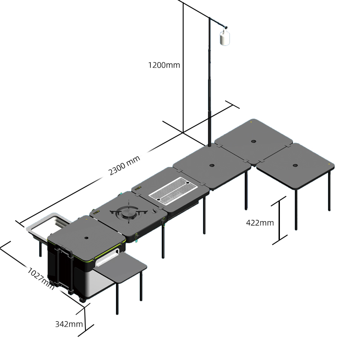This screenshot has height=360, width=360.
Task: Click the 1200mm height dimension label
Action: pos(164,65)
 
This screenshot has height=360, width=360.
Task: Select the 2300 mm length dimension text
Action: pos(124,165)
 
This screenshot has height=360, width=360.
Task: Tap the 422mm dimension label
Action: pos(260,223)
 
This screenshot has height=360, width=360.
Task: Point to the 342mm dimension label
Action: pos(69,324)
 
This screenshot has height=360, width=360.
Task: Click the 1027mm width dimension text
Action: pos(41,279)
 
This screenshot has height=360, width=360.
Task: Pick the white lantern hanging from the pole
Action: pos(225,38)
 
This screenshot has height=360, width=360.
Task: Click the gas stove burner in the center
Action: pos(129,211)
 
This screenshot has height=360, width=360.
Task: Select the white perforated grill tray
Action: pos(173,190)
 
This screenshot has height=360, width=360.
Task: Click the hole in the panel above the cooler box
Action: pos(86,238)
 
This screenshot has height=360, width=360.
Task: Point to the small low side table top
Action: pos(120,266)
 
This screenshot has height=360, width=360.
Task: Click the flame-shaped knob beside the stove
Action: pos(155,210)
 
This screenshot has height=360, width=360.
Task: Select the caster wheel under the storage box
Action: pos(81,299)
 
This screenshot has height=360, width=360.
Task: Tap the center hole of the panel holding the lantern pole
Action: pos(211,165)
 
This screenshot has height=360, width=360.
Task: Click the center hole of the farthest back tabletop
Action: pos(253,141)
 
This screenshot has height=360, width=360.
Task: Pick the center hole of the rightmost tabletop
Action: pos(295,165)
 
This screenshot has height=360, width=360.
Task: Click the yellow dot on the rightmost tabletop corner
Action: pos(329,164)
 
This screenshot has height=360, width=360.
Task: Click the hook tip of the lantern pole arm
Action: pos(226,27)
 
